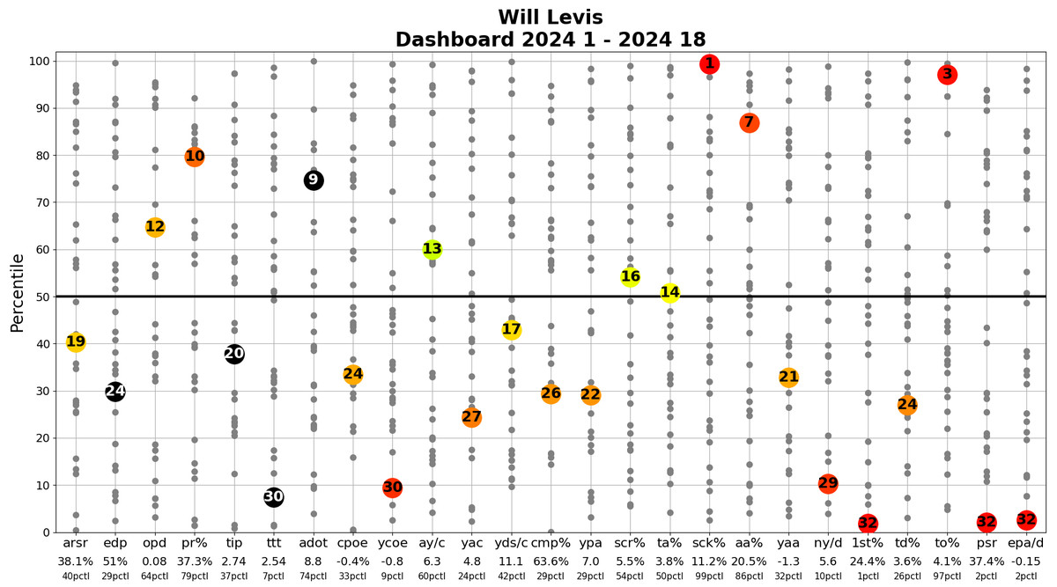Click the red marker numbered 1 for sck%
pyautogui.click(x=709, y=63)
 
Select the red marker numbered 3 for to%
pyautogui.click(x=947, y=75)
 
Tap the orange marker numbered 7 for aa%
pyautogui.click(x=749, y=122)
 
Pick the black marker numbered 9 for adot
pyautogui.click(x=313, y=180)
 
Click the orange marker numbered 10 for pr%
pyautogui.click(x=195, y=157)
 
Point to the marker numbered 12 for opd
pyautogui.click(x=155, y=227)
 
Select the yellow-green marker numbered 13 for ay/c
pyautogui.click(x=432, y=249)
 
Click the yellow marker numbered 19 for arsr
pyautogui.click(x=76, y=342)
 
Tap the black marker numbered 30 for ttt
pyautogui.click(x=274, y=497)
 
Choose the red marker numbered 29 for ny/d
pyautogui.click(x=828, y=483)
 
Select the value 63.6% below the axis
pyautogui.click(x=551, y=561)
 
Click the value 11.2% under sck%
pyautogui.click(x=709, y=561)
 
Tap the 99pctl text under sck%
pyautogui.click(x=709, y=576)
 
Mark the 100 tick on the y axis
pyautogui.click(x=39, y=62)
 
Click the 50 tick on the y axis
pyautogui.click(x=42, y=297)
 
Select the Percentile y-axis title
pyautogui.click(x=17, y=293)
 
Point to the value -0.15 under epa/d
pyautogui.click(x=1026, y=561)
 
